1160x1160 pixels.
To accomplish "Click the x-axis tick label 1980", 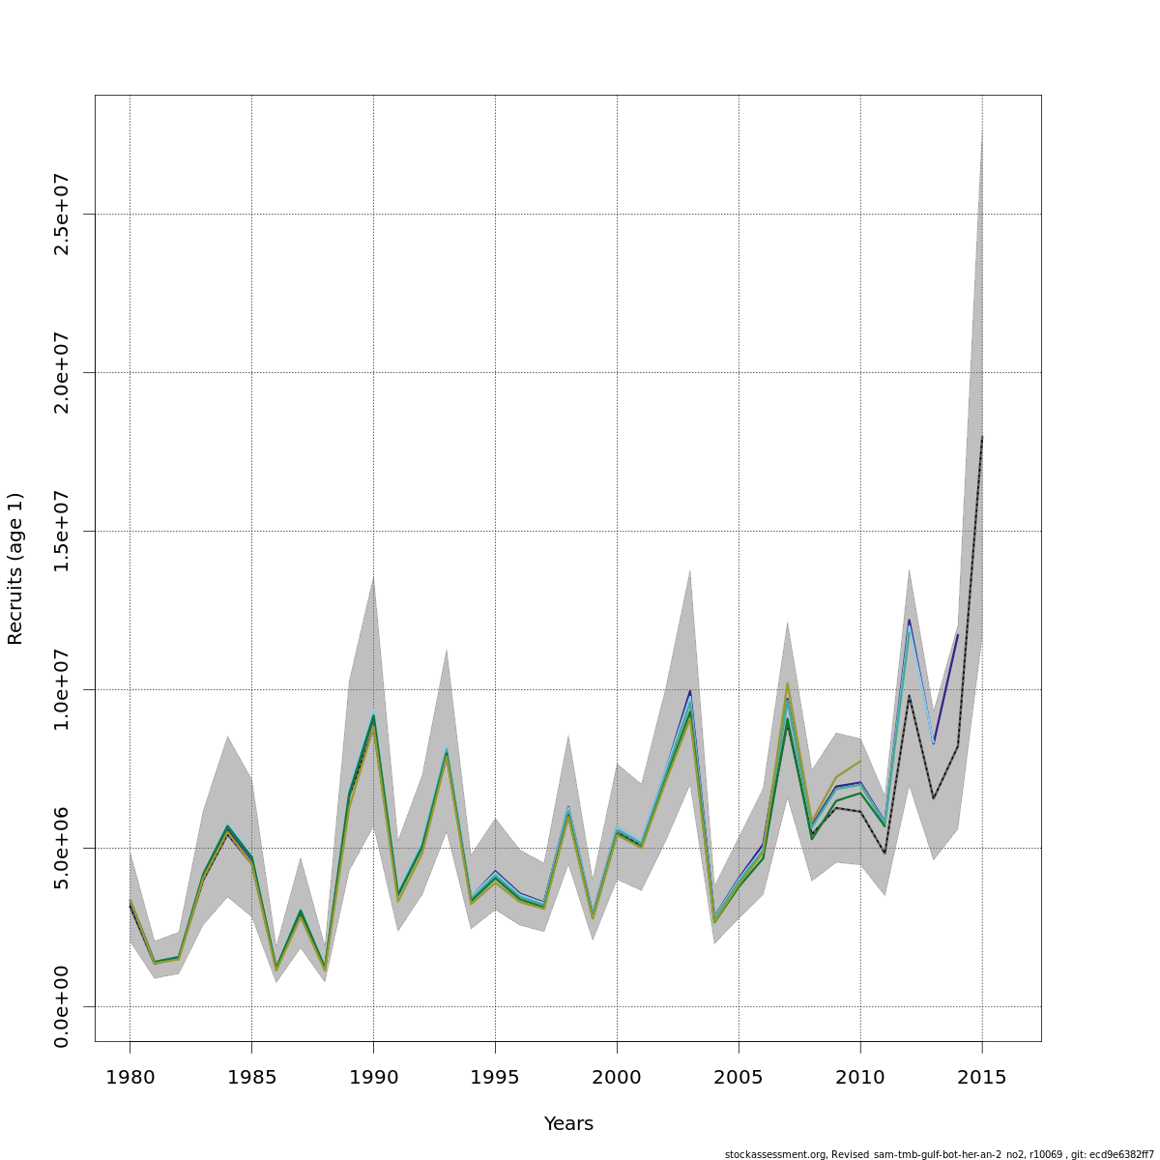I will [130, 1077].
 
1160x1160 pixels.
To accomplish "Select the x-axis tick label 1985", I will [251, 1077].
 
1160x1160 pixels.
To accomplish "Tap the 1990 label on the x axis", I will [373, 1077].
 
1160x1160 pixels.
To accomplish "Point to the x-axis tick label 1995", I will [495, 1077].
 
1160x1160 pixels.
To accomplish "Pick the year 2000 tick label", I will [617, 1077].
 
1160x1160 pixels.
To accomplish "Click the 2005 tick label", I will [739, 1077].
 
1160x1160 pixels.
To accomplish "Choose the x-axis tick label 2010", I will [860, 1077].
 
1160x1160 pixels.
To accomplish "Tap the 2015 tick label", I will [982, 1077].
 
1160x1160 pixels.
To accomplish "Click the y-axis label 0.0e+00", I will [62, 1006].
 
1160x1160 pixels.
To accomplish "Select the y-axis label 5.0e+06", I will [62, 848].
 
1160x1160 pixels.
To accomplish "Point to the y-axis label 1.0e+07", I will [62, 689].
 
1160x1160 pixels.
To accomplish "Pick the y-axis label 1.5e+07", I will [62, 531].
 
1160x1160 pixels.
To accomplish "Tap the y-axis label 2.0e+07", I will [62, 372].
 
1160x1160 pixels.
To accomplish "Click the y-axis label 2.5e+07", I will [62, 214].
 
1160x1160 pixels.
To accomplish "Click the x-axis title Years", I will [568, 1124].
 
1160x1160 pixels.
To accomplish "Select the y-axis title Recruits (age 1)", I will [15, 568].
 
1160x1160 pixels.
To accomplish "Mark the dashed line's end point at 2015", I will [982, 436].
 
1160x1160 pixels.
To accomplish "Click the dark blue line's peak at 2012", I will [909, 620].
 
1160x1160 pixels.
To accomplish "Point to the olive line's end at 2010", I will [860, 762].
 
